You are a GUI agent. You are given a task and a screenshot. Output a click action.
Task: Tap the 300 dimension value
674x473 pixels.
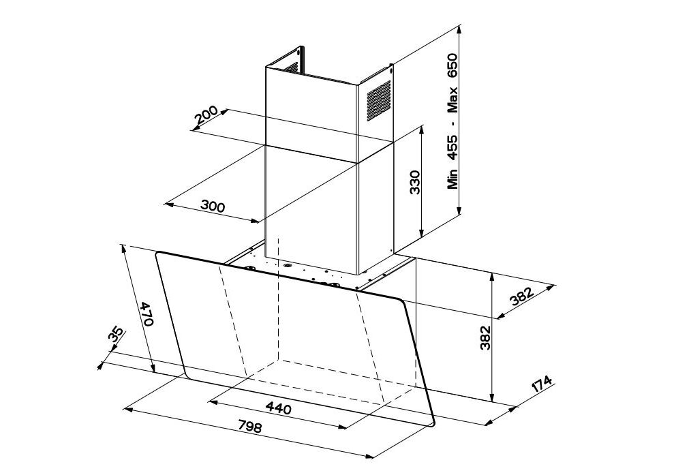pyautogui.click(x=213, y=207)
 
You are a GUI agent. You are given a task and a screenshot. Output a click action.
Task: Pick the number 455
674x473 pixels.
pyautogui.click(x=453, y=147)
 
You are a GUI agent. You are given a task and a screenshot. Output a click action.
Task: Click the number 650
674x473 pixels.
pyautogui.click(x=453, y=66)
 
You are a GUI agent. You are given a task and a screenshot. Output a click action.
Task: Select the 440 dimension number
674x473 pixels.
pyautogui.click(x=278, y=408)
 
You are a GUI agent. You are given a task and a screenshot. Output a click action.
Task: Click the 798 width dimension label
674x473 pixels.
pyautogui.click(x=249, y=427)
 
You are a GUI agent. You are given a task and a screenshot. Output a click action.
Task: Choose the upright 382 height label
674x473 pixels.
pyautogui.click(x=485, y=338)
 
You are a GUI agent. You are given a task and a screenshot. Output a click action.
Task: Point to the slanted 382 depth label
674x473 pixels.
pyautogui.click(x=522, y=296)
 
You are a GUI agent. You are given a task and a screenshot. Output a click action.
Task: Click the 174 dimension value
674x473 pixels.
pyautogui.click(x=542, y=384)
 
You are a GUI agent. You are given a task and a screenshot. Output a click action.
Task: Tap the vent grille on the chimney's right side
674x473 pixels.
pyautogui.click(x=379, y=100)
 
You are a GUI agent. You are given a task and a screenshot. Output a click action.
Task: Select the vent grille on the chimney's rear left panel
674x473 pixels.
pyautogui.click(x=290, y=67)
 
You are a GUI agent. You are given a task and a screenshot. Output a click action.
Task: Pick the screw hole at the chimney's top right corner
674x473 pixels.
pyautogui.click(x=390, y=66)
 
